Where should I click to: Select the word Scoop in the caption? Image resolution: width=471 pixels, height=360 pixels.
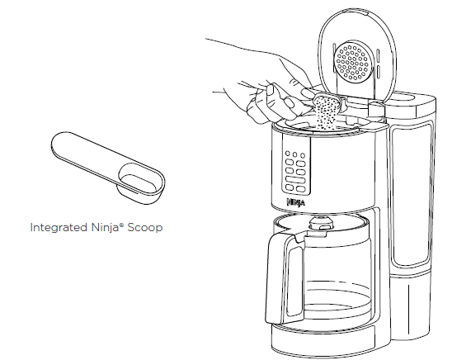pyautogui.click(x=144, y=226)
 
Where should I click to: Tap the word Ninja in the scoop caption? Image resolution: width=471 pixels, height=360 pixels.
pyautogui.click(x=101, y=226)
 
